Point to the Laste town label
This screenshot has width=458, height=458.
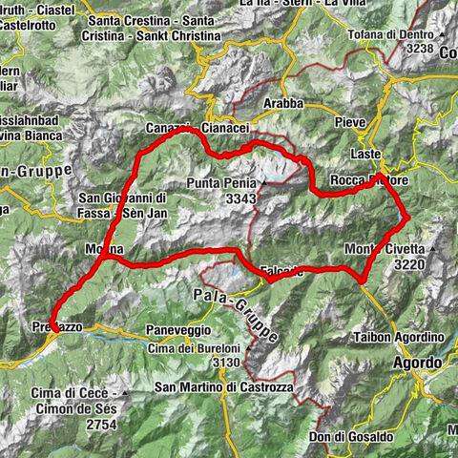coord(364,154)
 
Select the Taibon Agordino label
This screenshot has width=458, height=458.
coord(403,338)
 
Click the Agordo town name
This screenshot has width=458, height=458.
coord(417,364)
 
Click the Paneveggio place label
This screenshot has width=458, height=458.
coord(177,328)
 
